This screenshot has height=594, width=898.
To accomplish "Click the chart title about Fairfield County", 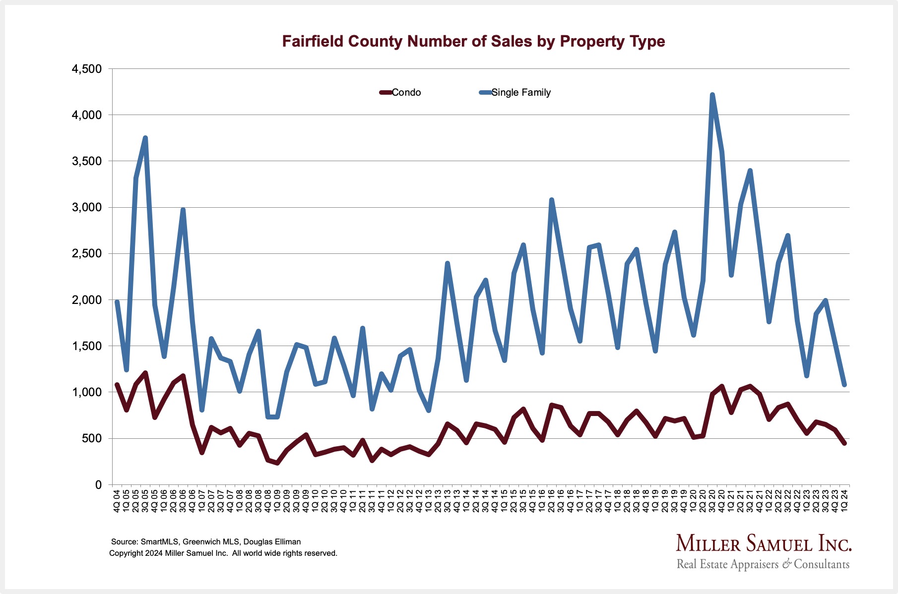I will (473, 41).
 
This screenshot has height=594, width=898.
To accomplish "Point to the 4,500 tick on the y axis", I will (87, 69).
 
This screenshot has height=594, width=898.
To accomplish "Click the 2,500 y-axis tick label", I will (87, 254).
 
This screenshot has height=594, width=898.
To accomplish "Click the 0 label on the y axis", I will (98, 485).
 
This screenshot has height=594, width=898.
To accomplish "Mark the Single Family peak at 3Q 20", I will (712, 95).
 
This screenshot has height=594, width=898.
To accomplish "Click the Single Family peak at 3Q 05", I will (145, 138).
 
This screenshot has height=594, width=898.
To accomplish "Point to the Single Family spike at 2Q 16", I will (552, 200).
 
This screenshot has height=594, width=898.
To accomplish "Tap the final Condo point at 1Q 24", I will (844, 443).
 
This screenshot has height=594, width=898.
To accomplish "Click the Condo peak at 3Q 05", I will (145, 372).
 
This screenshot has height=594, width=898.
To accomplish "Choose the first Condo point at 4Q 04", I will (117, 384).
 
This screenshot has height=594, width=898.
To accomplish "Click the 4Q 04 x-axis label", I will (117, 501).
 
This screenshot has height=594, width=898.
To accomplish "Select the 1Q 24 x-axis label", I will (844, 501).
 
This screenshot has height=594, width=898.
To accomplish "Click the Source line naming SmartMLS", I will (206, 542).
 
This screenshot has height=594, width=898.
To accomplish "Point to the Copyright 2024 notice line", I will (223, 553).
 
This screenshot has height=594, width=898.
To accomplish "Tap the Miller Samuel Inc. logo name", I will (764, 544).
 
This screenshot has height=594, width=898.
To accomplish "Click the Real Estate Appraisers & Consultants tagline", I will (763, 564).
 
